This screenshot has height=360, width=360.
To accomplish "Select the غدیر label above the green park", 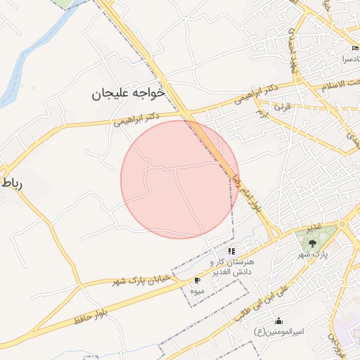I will (314, 225).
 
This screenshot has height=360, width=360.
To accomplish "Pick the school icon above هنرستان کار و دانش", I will (231, 251).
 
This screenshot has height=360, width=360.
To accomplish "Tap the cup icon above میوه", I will (196, 280).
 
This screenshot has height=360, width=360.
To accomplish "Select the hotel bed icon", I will (355, 49).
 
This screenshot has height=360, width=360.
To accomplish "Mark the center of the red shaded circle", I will (179, 179).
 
